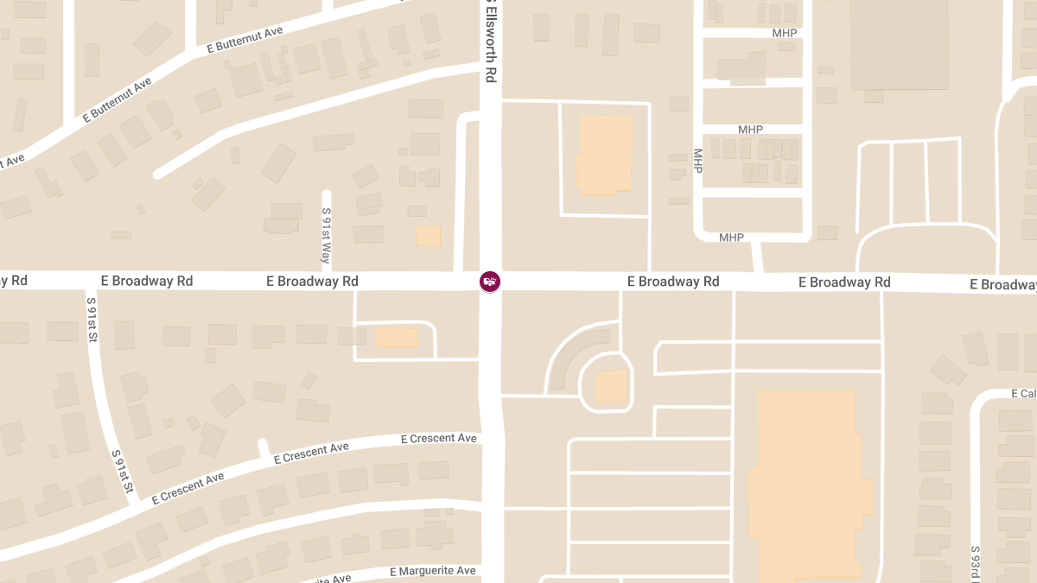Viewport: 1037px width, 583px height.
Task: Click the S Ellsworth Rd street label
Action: click(x=490, y=41)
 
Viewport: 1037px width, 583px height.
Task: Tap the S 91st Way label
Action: click(x=326, y=236)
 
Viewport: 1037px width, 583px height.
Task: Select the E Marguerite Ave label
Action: click(x=433, y=572)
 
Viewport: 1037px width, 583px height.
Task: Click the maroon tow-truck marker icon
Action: click(x=490, y=281)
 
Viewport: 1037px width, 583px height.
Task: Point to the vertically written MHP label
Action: click(x=697, y=161)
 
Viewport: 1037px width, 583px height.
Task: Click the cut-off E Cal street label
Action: click(x=1023, y=394)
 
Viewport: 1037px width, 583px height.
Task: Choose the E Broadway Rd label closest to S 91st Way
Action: click(x=313, y=282)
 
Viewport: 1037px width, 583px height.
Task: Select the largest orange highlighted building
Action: click(x=808, y=484)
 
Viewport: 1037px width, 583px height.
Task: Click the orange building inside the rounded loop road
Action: click(x=611, y=386)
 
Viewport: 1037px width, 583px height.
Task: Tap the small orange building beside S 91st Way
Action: click(x=428, y=236)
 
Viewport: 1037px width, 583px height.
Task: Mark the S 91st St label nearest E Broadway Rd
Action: click(x=90, y=320)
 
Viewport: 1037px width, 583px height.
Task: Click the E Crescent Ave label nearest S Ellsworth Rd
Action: click(x=439, y=439)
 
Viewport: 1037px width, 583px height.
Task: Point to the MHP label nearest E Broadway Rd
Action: click(x=731, y=238)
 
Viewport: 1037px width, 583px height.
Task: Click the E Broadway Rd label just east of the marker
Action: click(x=673, y=282)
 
